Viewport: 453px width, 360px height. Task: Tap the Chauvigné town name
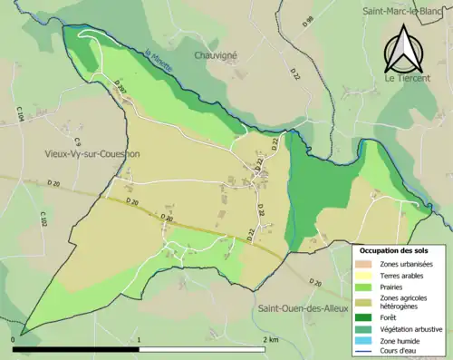pyautogui.click(x=216, y=54)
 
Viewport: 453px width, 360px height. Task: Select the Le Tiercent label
pyautogui.click(x=406, y=79)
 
